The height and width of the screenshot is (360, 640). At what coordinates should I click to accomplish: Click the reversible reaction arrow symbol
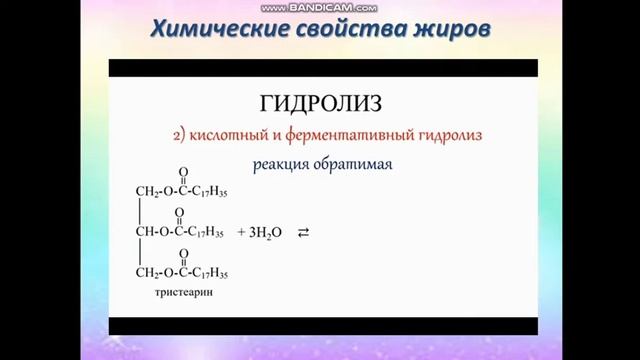[303, 232]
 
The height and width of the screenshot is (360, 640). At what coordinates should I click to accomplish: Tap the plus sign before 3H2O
[242, 232]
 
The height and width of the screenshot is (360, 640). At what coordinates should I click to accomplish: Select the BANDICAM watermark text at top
[322, 6]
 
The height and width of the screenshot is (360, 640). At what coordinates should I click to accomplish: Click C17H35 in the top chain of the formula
[209, 190]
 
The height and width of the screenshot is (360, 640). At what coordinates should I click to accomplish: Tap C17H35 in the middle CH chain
[205, 232]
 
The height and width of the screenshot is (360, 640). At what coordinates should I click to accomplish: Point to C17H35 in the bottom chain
[209, 273]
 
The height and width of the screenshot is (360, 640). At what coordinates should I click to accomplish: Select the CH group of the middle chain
[144, 232]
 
